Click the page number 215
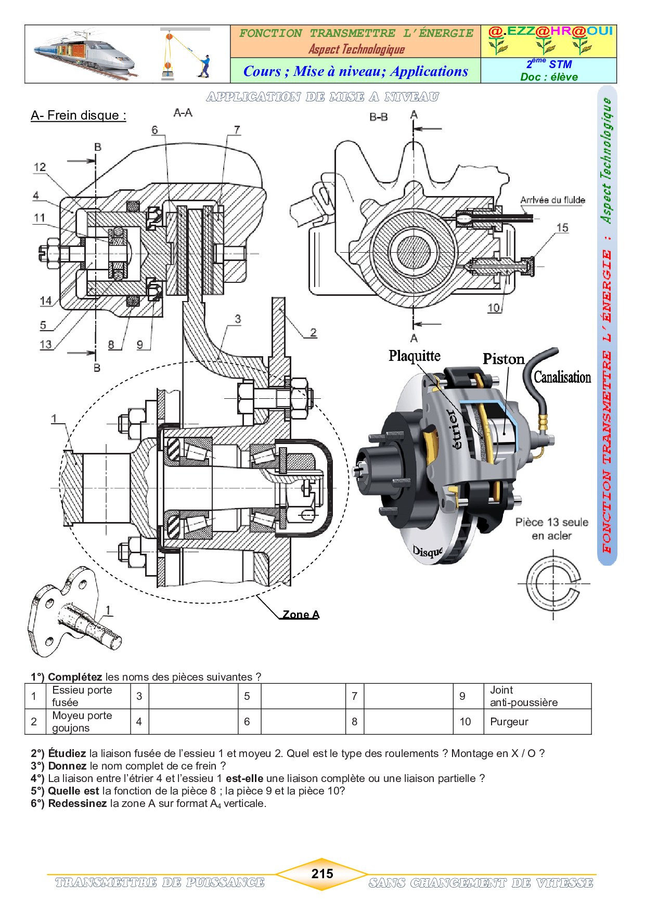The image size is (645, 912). [322, 874]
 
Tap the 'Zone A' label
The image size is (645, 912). [301, 615]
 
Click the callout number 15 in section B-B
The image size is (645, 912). [562, 228]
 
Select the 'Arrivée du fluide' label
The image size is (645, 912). [552, 200]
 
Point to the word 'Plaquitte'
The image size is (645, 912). [414, 356]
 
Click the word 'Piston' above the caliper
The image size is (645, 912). [503, 359]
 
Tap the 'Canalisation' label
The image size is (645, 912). [562, 377]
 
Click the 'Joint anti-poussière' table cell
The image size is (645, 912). [523, 696]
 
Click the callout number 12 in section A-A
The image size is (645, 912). [40, 167]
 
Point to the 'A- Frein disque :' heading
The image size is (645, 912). [79, 115]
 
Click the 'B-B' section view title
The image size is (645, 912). [378, 117]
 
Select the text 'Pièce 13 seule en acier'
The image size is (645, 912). [551, 529]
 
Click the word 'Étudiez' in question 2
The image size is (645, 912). [67, 753]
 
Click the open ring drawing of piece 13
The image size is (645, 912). [552, 583]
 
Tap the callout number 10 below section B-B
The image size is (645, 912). [494, 308]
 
